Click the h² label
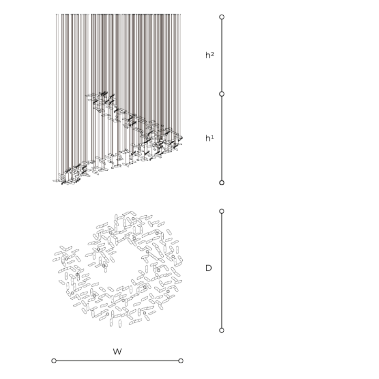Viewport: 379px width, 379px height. (x=209, y=55)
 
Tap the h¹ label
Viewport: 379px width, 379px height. (x=209, y=138)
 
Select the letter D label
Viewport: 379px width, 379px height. (x=208, y=268)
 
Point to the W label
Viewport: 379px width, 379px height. (x=117, y=352)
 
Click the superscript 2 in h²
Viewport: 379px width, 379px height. (x=212, y=54)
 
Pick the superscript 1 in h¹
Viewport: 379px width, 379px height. (x=212, y=136)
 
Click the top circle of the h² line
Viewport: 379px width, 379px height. (x=222, y=17)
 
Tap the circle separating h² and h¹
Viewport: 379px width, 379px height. (x=222, y=94)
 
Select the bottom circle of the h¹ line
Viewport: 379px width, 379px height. (x=222, y=183)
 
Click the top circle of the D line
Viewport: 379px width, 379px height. (x=222, y=211)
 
